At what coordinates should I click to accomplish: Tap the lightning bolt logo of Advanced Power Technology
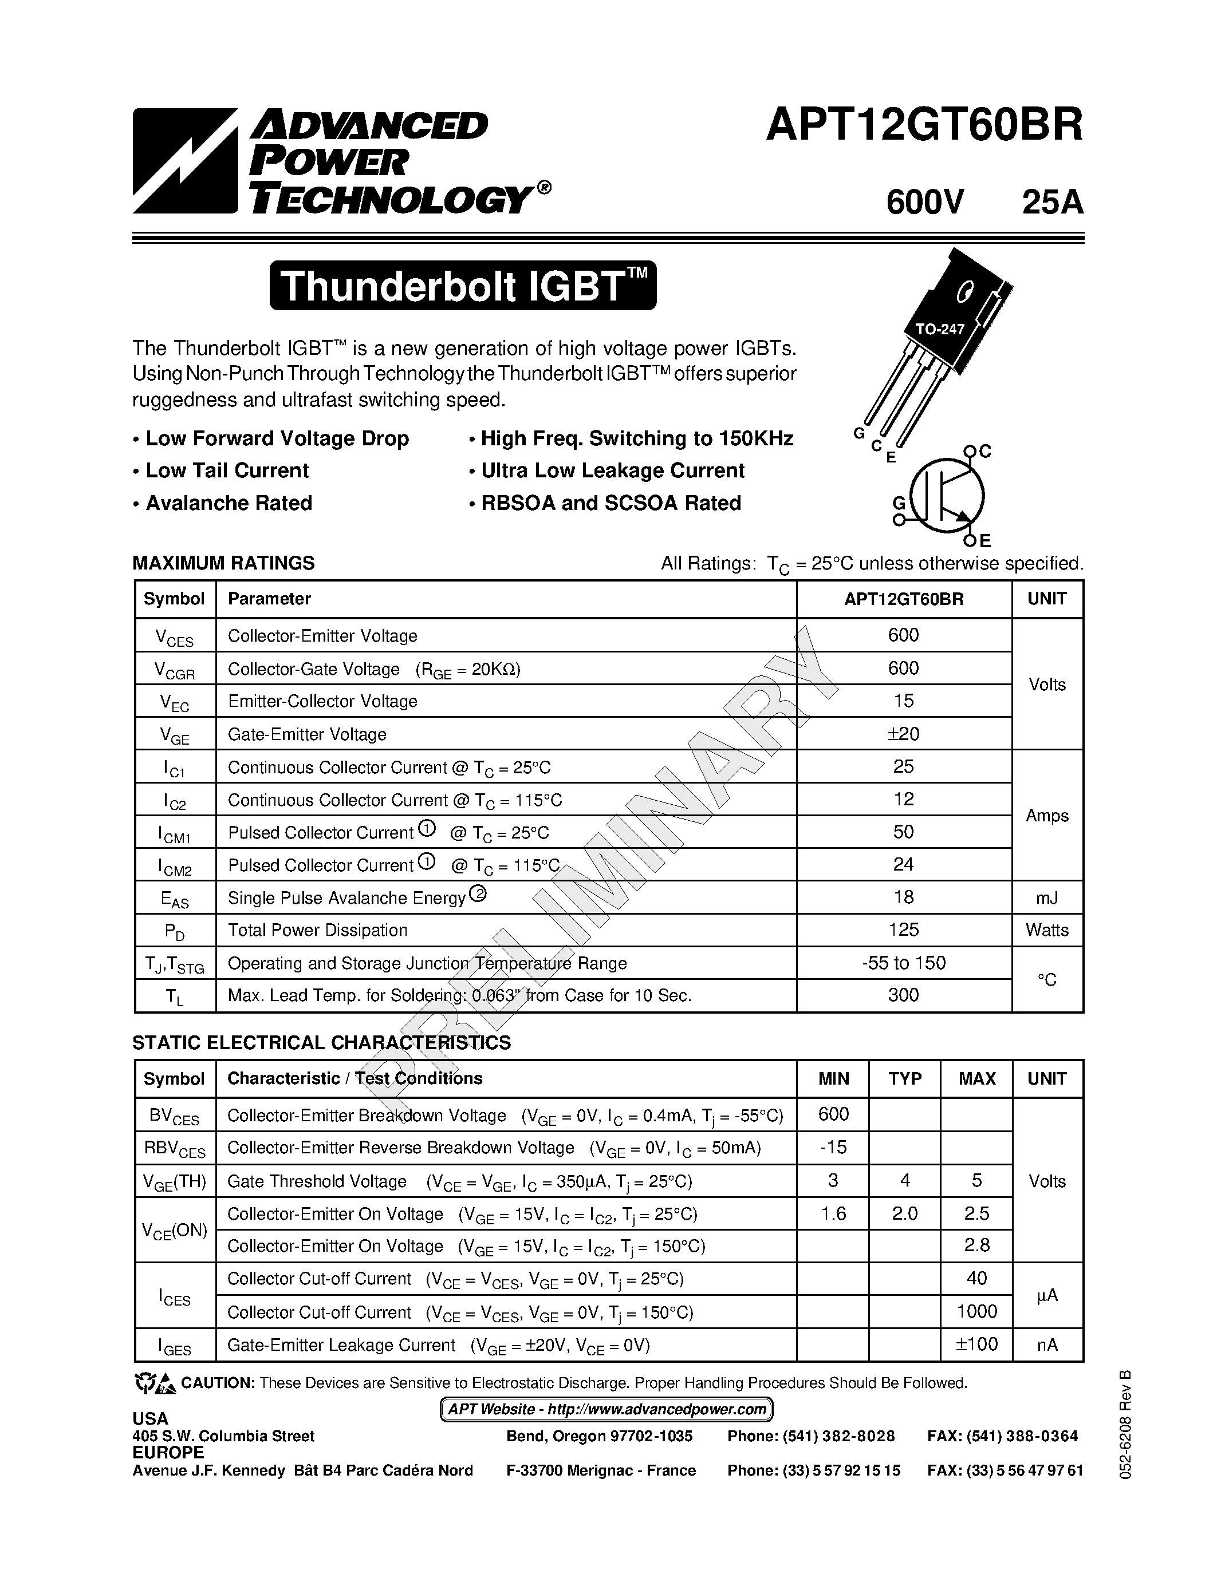click(184, 161)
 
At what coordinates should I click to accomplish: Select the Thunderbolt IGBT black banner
click(463, 286)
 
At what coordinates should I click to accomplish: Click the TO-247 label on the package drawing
click(939, 329)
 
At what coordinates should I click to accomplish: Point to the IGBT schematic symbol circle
click(947, 495)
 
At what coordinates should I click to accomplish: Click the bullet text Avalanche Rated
click(229, 503)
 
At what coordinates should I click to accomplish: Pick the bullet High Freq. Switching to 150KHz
click(637, 438)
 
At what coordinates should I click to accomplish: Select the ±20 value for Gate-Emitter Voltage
click(903, 734)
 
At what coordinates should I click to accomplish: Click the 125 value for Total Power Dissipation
click(903, 930)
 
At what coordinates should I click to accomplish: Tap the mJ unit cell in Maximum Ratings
click(1047, 897)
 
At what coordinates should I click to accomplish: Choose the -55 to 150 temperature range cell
click(903, 963)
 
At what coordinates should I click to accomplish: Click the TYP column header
click(904, 1078)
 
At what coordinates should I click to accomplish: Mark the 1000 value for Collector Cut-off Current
click(976, 1311)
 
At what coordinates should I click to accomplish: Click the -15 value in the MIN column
click(833, 1146)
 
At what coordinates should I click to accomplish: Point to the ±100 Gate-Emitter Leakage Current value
click(976, 1344)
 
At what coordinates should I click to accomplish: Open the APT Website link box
click(606, 1409)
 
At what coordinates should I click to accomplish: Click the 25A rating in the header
click(1052, 203)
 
